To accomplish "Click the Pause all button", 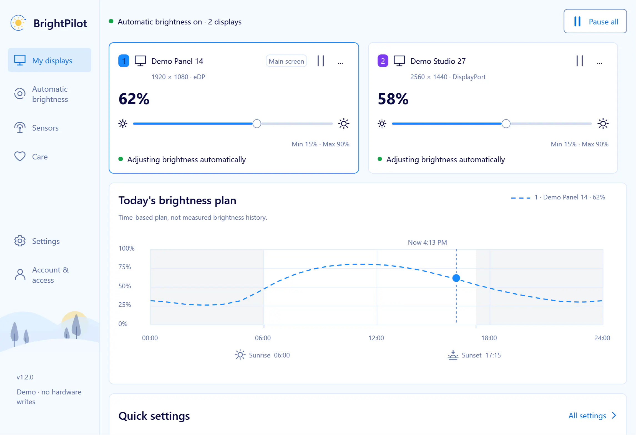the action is (x=595, y=21).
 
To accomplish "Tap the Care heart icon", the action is (x=20, y=156).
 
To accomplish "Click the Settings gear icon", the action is (x=20, y=241).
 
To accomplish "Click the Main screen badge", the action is (x=286, y=61).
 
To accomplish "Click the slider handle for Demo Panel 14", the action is (x=257, y=124).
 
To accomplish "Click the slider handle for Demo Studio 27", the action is (x=506, y=124).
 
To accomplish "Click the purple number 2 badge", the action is (x=383, y=61).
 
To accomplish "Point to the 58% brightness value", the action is (x=393, y=99).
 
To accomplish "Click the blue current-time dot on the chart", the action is (x=456, y=278).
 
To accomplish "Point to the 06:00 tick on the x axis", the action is (x=264, y=326).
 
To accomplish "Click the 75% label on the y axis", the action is (x=125, y=267).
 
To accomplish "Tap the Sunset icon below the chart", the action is (x=453, y=355).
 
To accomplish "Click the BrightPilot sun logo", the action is (x=18, y=23).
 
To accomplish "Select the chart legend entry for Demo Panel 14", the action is (x=558, y=197).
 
